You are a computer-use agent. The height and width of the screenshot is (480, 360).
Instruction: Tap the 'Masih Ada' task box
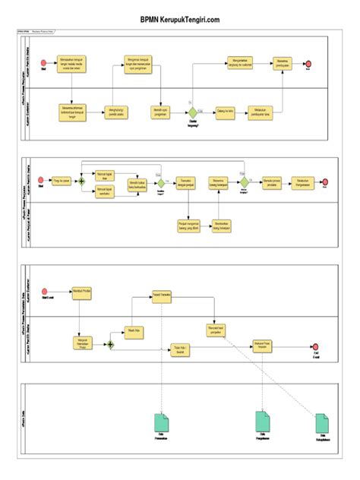(133, 330)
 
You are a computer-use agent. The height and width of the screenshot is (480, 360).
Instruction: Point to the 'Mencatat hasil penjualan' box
(216, 330)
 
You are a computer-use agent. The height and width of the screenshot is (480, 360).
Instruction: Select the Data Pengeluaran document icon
(262, 420)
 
